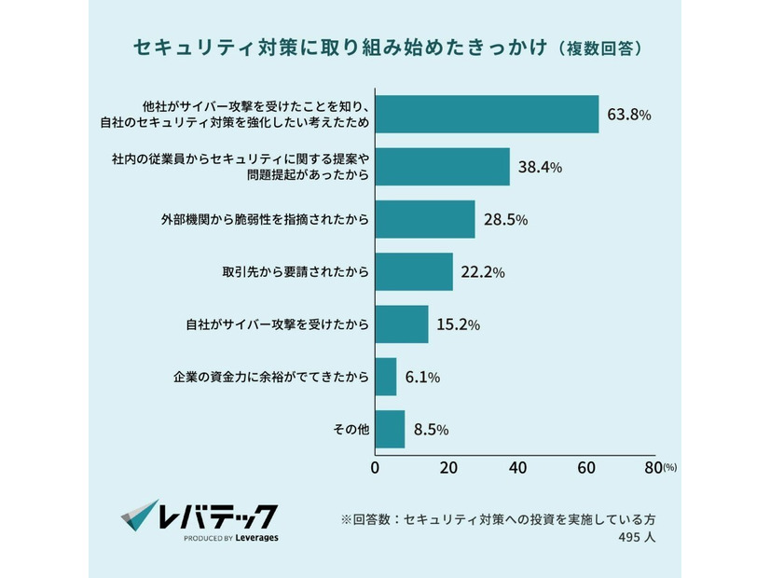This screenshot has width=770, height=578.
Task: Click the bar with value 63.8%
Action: tap(487, 115)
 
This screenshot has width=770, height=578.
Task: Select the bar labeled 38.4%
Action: tap(442, 167)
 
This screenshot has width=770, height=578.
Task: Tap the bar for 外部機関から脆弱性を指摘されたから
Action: tap(424, 220)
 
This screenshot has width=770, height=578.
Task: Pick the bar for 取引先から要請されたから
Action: tap(414, 272)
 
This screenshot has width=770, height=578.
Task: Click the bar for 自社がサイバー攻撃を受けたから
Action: tap(401, 324)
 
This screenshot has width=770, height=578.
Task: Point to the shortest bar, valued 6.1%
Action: tap(385, 377)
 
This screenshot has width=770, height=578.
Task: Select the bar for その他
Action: tap(390, 430)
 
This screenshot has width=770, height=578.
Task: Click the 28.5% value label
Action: tap(505, 220)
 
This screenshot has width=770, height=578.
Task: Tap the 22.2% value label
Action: tap(483, 272)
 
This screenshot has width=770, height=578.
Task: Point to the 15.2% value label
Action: tap(458, 325)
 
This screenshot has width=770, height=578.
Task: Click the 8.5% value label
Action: tap(431, 430)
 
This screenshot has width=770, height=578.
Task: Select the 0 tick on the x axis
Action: tap(375, 467)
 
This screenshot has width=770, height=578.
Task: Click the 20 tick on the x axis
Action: tap(445, 467)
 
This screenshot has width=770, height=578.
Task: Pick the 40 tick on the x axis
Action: tap(516, 467)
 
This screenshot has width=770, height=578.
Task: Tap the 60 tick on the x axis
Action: tap(586, 467)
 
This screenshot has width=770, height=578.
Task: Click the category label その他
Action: tap(351, 430)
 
